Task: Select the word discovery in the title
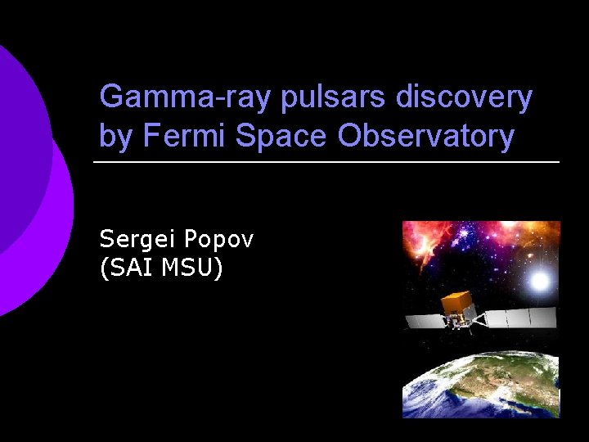[x=464, y=97]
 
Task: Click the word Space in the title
[x=282, y=136]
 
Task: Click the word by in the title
[x=116, y=136]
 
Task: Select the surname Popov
[x=219, y=240]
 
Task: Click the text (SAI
[x=127, y=267]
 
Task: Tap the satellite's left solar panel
[x=425, y=319]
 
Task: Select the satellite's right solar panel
[x=524, y=317]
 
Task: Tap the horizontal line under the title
[x=327, y=162]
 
